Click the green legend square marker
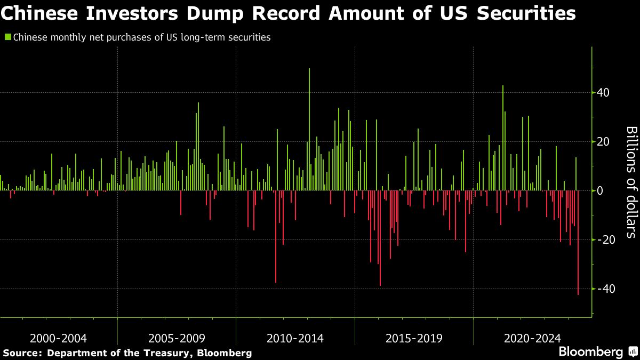(x=7, y=37)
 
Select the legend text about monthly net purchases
(x=141, y=37)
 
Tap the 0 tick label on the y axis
(x=601, y=191)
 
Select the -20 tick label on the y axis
(x=606, y=240)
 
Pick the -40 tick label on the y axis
(x=606, y=289)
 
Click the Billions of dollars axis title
(x=630, y=181)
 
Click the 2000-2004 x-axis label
(x=59, y=338)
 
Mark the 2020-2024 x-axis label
(x=532, y=338)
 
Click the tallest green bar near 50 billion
(x=309, y=128)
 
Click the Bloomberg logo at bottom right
(x=590, y=352)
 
